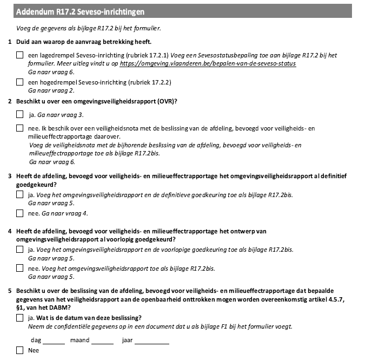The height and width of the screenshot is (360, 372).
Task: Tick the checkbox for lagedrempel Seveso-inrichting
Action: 20,55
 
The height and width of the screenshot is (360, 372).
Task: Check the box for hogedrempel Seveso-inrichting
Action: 20,82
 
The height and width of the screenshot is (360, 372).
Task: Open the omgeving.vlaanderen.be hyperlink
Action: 208,63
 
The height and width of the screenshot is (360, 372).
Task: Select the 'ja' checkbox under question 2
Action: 20,115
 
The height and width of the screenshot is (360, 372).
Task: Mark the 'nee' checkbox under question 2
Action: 20,128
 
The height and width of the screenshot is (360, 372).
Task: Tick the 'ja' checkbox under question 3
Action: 20,194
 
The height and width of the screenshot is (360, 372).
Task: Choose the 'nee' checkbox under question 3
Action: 20,213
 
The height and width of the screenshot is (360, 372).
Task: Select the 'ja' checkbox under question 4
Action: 20,250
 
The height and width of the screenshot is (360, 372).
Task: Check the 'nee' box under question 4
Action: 20,269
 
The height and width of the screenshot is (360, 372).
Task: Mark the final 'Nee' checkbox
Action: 20,350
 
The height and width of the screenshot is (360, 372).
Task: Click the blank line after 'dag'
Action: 54,341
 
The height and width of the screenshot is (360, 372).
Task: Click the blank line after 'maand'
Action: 102,341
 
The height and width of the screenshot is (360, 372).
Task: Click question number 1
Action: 11,42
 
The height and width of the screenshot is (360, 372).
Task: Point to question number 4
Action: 11,231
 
